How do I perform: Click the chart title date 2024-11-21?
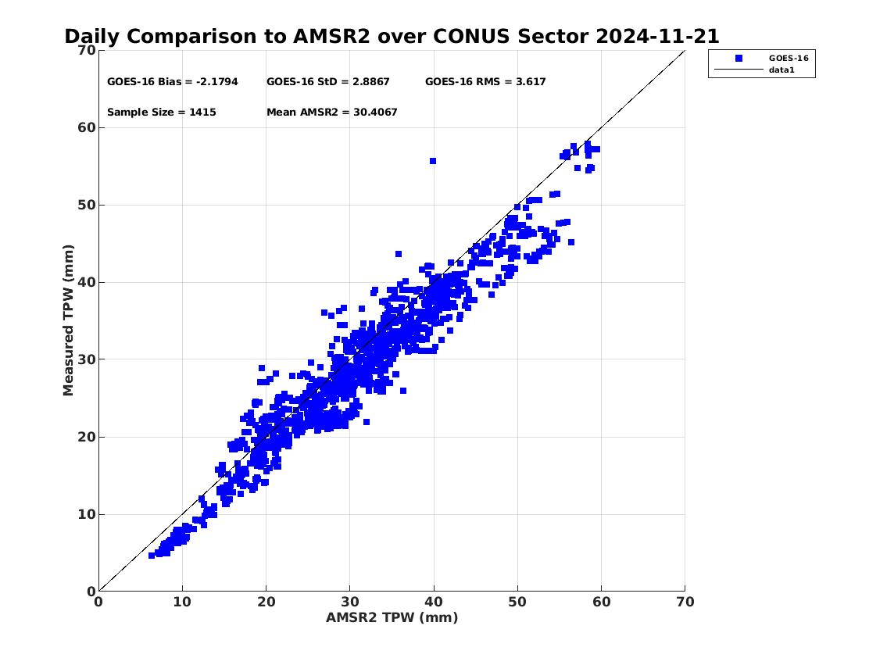[657, 36]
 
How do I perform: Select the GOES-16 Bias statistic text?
[173, 81]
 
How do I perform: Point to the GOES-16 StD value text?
[328, 81]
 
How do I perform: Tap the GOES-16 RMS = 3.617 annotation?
[485, 81]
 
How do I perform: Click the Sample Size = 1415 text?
[162, 112]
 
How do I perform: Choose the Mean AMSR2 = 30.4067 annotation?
[332, 112]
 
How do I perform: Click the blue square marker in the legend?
[739, 59]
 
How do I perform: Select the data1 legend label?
[781, 70]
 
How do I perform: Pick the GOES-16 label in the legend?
[789, 59]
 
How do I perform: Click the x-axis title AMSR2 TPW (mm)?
[392, 617]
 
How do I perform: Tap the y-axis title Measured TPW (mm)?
[69, 320]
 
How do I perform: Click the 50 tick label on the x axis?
[517, 602]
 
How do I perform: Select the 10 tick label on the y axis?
[87, 515]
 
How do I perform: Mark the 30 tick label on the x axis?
[350, 602]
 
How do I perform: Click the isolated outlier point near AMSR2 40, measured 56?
[433, 161]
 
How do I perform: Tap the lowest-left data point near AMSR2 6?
[152, 556]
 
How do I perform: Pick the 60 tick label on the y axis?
[87, 128]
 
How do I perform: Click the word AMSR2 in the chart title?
[331, 36]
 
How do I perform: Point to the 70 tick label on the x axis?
[685, 602]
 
